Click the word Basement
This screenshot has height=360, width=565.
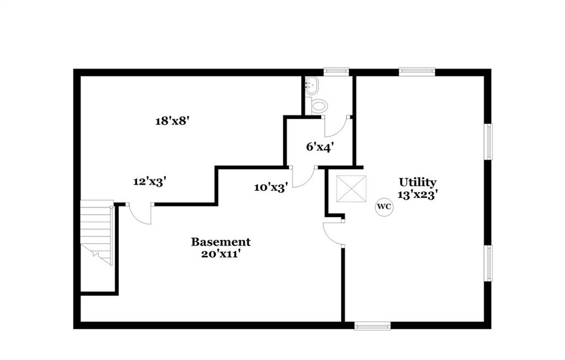(x=221, y=241)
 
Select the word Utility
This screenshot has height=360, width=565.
(x=418, y=182)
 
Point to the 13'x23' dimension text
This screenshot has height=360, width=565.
(x=418, y=194)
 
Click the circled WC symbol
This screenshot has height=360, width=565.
(x=384, y=207)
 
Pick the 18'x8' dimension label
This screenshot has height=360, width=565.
(x=172, y=121)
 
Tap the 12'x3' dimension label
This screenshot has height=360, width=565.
(x=150, y=181)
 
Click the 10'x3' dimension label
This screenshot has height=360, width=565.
(x=270, y=187)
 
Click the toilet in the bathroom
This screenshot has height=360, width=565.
(x=318, y=105)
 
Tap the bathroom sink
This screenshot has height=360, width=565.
(x=312, y=85)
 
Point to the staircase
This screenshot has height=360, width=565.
(x=97, y=232)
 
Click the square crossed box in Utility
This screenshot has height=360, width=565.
(x=351, y=189)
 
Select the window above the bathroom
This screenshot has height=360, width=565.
(x=336, y=71)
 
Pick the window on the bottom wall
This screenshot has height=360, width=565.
(x=372, y=326)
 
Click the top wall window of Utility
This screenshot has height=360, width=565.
(x=417, y=71)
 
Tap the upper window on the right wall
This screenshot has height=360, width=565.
(x=488, y=142)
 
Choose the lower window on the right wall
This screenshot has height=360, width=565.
(x=488, y=263)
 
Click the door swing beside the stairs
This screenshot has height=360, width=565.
(x=140, y=213)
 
